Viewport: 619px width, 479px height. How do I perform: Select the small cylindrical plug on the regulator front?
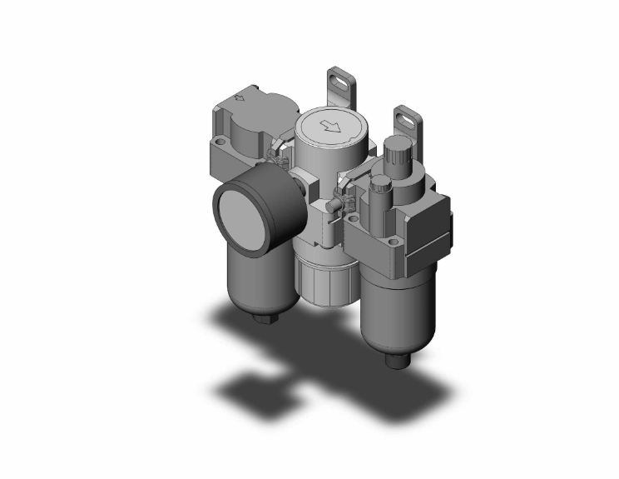(x=333, y=202)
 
